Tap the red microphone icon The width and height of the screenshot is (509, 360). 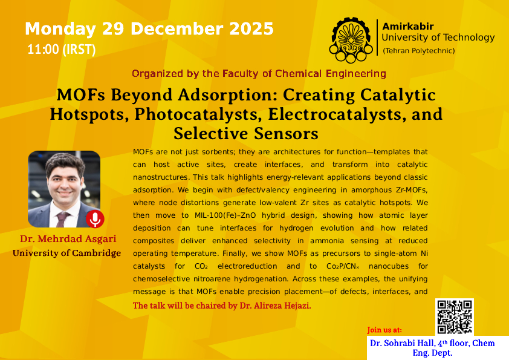click(x=94, y=219)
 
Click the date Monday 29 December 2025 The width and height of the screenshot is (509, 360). click(x=149, y=28)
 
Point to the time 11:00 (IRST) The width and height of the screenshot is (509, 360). click(x=61, y=50)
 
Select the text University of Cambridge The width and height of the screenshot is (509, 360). click(x=66, y=253)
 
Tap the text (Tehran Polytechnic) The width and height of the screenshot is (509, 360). click(x=419, y=51)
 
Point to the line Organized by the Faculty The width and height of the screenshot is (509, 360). click(x=259, y=74)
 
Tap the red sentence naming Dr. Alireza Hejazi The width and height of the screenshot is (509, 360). click(x=222, y=306)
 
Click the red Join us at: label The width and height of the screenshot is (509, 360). click(x=384, y=330)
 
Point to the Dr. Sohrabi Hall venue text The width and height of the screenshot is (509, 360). click(x=432, y=347)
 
